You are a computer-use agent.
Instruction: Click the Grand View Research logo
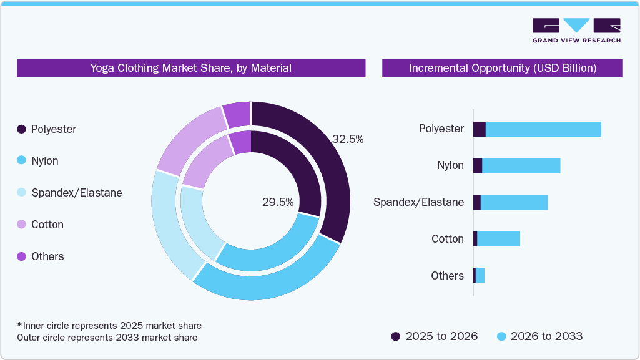coord(576,30)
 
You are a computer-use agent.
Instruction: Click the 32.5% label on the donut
coord(347,139)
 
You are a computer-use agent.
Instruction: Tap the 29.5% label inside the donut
coord(278,202)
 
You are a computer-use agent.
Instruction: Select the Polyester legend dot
coord(21,129)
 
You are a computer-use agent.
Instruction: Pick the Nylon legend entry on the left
coord(38,161)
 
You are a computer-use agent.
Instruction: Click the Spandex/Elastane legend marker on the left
coord(21,193)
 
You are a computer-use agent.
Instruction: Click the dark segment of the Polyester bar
coord(479,129)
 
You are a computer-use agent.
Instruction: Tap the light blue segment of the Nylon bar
coord(521,166)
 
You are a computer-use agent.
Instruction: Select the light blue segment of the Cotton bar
coord(498,239)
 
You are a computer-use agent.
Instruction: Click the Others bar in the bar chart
coord(479,276)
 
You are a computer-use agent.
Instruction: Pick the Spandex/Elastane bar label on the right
coord(418,202)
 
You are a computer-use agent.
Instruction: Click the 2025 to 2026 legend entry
coord(434,336)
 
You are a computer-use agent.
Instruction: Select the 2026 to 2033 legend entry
coord(539,336)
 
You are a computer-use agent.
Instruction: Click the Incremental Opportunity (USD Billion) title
coord(502,68)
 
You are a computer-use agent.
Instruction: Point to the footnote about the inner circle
coord(109,326)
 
